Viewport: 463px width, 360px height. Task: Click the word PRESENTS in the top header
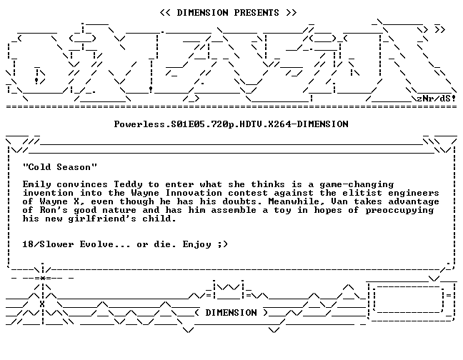click(257, 13)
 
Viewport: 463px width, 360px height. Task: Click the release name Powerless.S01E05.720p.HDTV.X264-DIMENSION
click(231, 124)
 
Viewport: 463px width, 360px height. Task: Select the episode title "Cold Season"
click(60, 167)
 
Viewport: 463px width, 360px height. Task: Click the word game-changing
click(357, 185)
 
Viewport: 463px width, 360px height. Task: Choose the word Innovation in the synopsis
click(194, 193)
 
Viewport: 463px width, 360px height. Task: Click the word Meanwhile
click(297, 201)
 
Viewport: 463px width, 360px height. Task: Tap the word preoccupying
click(399, 211)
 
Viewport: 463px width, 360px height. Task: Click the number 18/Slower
click(48, 244)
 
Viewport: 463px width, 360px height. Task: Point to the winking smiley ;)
click(223, 244)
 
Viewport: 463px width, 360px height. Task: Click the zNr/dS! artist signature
click(437, 99)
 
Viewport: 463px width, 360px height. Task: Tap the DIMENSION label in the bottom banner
click(231, 312)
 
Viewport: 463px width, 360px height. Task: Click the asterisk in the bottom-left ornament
click(43, 278)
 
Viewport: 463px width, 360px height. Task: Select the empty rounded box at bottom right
click(409, 299)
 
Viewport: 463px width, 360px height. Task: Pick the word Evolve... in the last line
click(105, 244)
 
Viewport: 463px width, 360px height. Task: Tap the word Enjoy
click(197, 244)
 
